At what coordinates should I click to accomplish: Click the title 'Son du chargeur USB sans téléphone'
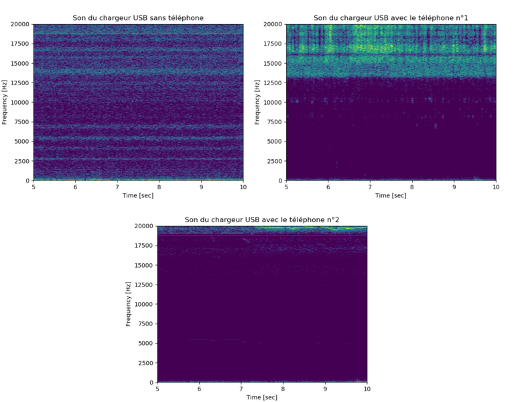click(138, 18)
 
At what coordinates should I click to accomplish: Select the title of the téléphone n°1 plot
click(391, 18)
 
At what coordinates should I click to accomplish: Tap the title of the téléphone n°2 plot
click(262, 220)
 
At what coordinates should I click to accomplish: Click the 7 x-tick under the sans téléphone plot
click(117, 187)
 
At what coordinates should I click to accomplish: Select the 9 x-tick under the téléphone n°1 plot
click(454, 187)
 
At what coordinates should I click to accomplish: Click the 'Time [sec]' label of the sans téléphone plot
click(138, 195)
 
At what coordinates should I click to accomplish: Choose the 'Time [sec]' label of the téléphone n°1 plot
click(391, 195)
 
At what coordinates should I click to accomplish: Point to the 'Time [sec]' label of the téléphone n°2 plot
click(262, 397)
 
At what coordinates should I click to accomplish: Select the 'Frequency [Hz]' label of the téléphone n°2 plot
click(129, 304)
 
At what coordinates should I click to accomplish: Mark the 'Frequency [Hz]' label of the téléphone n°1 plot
click(257, 102)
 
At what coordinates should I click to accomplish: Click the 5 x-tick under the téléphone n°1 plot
click(286, 187)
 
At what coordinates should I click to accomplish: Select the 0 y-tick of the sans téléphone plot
click(28, 181)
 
